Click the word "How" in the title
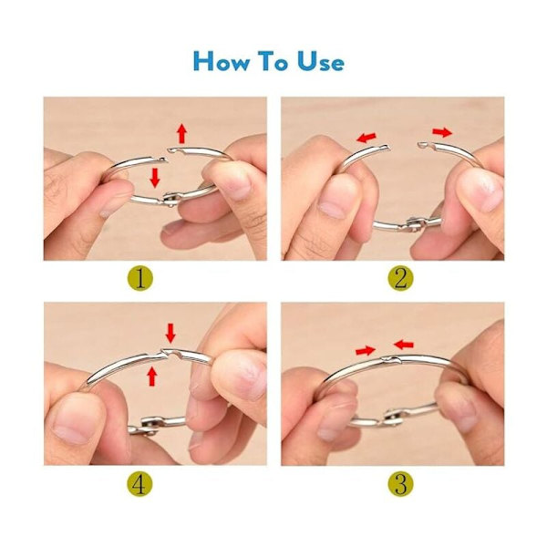(x=222, y=61)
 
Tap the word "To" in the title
(x=273, y=61)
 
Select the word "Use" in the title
(x=321, y=61)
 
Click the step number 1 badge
(x=139, y=278)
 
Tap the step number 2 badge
(x=400, y=278)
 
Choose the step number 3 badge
(x=400, y=483)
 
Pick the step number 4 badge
(x=139, y=483)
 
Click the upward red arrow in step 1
(x=181, y=133)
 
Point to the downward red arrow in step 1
(x=155, y=178)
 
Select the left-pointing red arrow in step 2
(x=366, y=137)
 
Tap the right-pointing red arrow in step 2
(x=442, y=132)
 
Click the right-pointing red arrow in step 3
(x=366, y=350)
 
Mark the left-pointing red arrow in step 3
(x=403, y=345)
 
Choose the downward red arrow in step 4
(x=170, y=333)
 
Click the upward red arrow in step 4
(x=151, y=376)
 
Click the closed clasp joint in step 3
(x=391, y=359)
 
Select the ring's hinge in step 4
(x=150, y=425)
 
